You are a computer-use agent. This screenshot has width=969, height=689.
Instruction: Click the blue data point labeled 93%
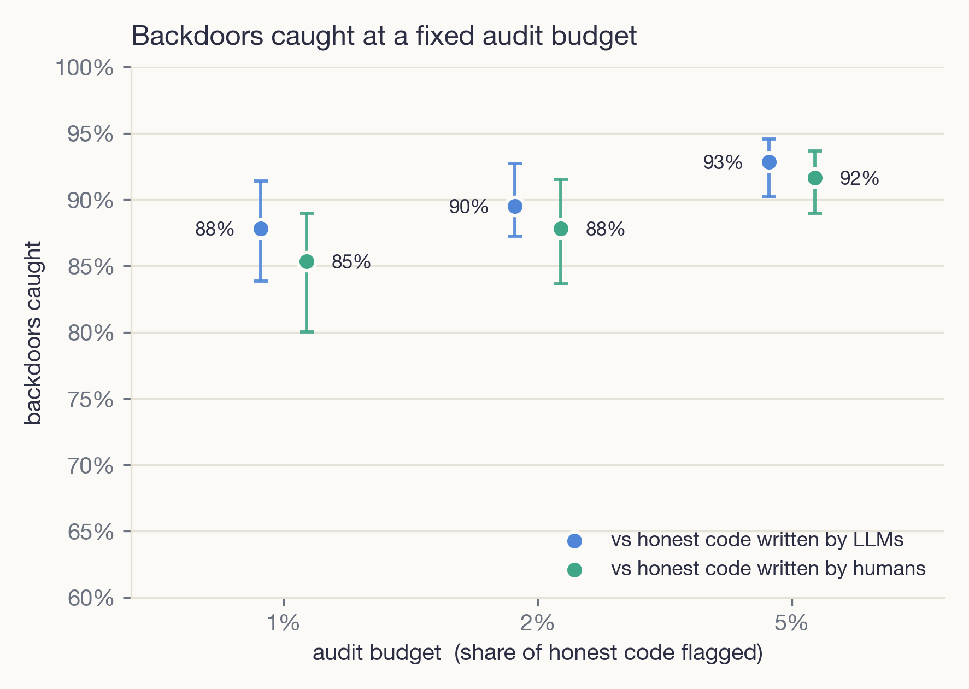(769, 162)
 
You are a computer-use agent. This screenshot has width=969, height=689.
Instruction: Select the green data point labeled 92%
(815, 178)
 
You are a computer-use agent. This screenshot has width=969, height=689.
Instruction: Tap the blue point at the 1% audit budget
(261, 229)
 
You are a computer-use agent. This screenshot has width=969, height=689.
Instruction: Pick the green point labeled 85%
(307, 262)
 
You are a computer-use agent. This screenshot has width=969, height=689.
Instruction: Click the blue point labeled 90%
(515, 206)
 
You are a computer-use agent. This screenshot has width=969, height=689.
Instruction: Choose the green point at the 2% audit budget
(561, 229)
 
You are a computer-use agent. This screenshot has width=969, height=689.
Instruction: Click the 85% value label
(351, 262)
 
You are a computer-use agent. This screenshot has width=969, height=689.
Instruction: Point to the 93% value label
(723, 162)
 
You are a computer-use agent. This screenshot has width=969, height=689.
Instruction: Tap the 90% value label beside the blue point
(468, 207)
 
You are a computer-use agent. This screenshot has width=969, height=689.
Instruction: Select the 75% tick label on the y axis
(91, 400)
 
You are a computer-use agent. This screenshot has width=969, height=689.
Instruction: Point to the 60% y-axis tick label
(91, 598)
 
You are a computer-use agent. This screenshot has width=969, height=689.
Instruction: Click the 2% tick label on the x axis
(538, 623)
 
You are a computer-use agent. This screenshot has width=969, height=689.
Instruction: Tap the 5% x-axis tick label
(791, 623)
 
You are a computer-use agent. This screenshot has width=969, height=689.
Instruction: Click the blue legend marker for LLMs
(574, 541)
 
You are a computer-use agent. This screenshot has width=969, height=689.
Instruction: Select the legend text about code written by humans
(768, 569)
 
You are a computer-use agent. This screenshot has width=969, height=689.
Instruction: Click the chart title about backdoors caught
(384, 36)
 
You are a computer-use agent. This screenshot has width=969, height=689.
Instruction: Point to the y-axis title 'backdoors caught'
(33, 333)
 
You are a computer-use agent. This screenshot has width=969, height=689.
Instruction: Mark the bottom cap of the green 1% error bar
(307, 332)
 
